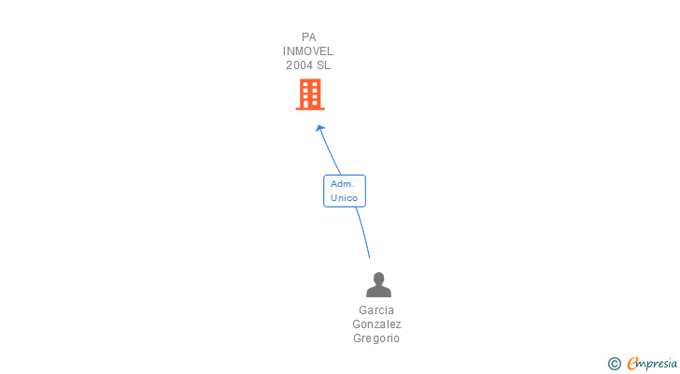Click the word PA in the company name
(x=308, y=37)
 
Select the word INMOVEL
(x=308, y=51)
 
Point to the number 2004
(x=300, y=65)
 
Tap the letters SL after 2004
(x=323, y=65)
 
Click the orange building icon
(x=310, y=94)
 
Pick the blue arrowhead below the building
(x=320, y=129)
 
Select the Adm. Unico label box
(x=344, y=191)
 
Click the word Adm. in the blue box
(x=342, y=184)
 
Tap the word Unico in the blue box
(x=344, y=198)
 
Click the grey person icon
(x=378, y=284)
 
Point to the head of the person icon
(x=378, y=278)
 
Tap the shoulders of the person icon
(x=378, y=292)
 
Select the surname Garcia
(x=376, y=310)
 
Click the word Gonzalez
(x=376, y=324)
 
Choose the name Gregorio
(x=376, y=338)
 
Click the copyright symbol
(x=615, y=364)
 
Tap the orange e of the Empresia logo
(x=633, y=364)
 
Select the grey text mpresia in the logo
(x=659, y=364)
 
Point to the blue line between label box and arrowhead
(x=330, y=151)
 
